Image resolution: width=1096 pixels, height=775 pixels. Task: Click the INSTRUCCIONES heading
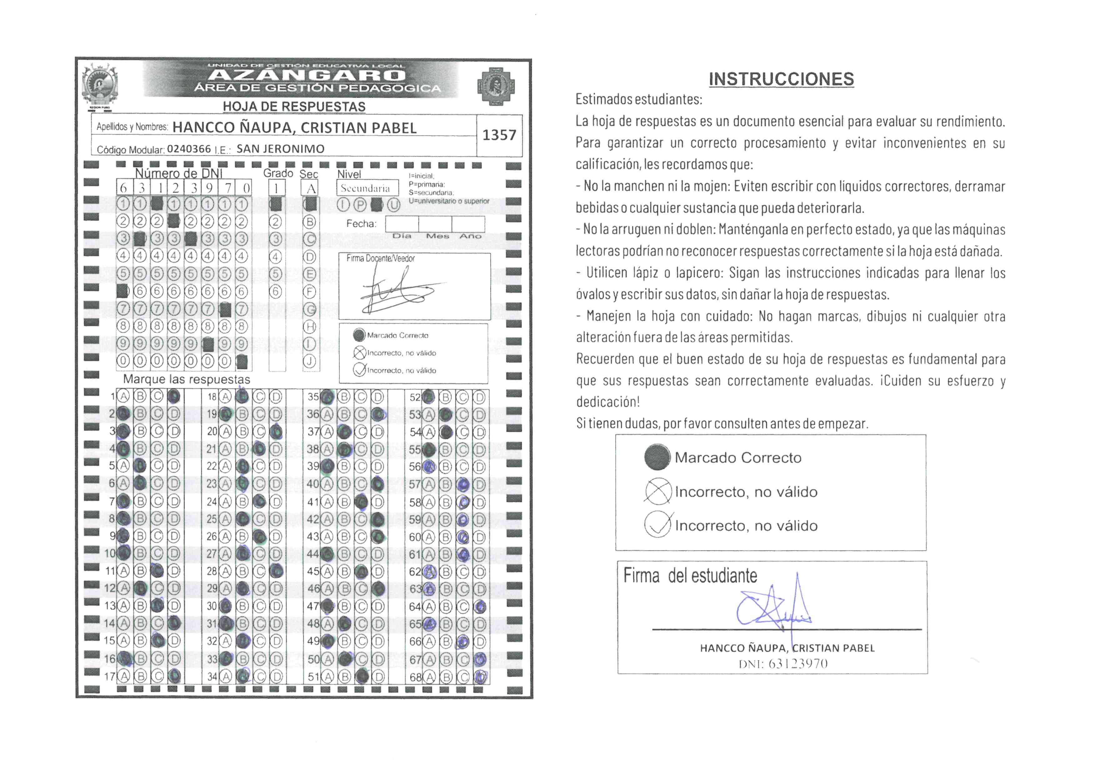781,79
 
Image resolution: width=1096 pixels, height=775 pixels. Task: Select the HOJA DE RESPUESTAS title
294,107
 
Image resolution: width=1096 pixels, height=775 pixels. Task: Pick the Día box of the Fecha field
402,224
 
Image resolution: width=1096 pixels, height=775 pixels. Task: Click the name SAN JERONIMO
280,149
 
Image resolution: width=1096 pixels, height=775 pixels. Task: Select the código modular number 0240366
188,149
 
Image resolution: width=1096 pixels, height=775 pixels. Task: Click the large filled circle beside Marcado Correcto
657,457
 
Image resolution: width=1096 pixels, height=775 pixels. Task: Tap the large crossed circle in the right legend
658,491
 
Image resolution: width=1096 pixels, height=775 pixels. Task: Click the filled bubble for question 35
327,397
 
